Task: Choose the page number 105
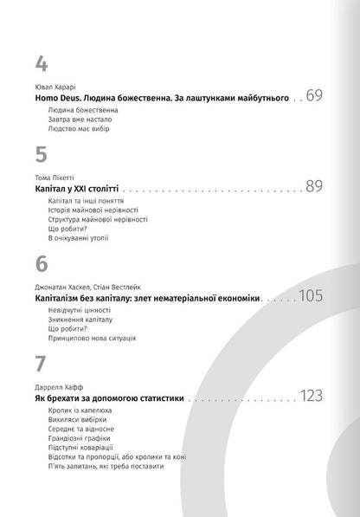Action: (310, 296)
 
